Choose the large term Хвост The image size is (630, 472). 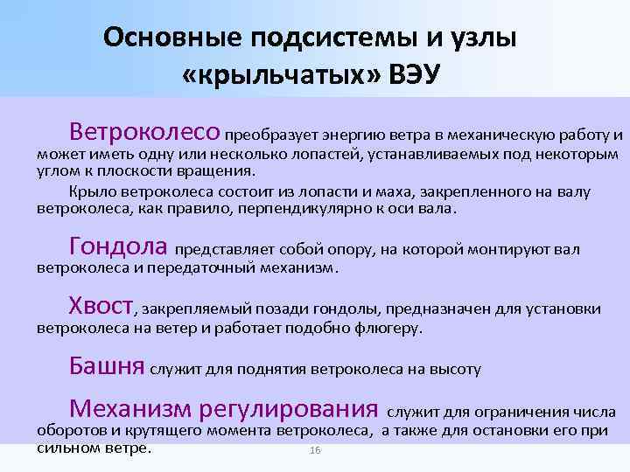tap(101, 305)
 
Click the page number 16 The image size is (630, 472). tap(316, 450)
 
